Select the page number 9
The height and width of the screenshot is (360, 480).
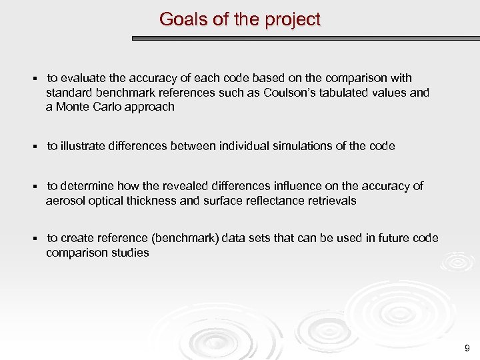coord(467,348)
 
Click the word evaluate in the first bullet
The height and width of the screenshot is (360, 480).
coord(83,79)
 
